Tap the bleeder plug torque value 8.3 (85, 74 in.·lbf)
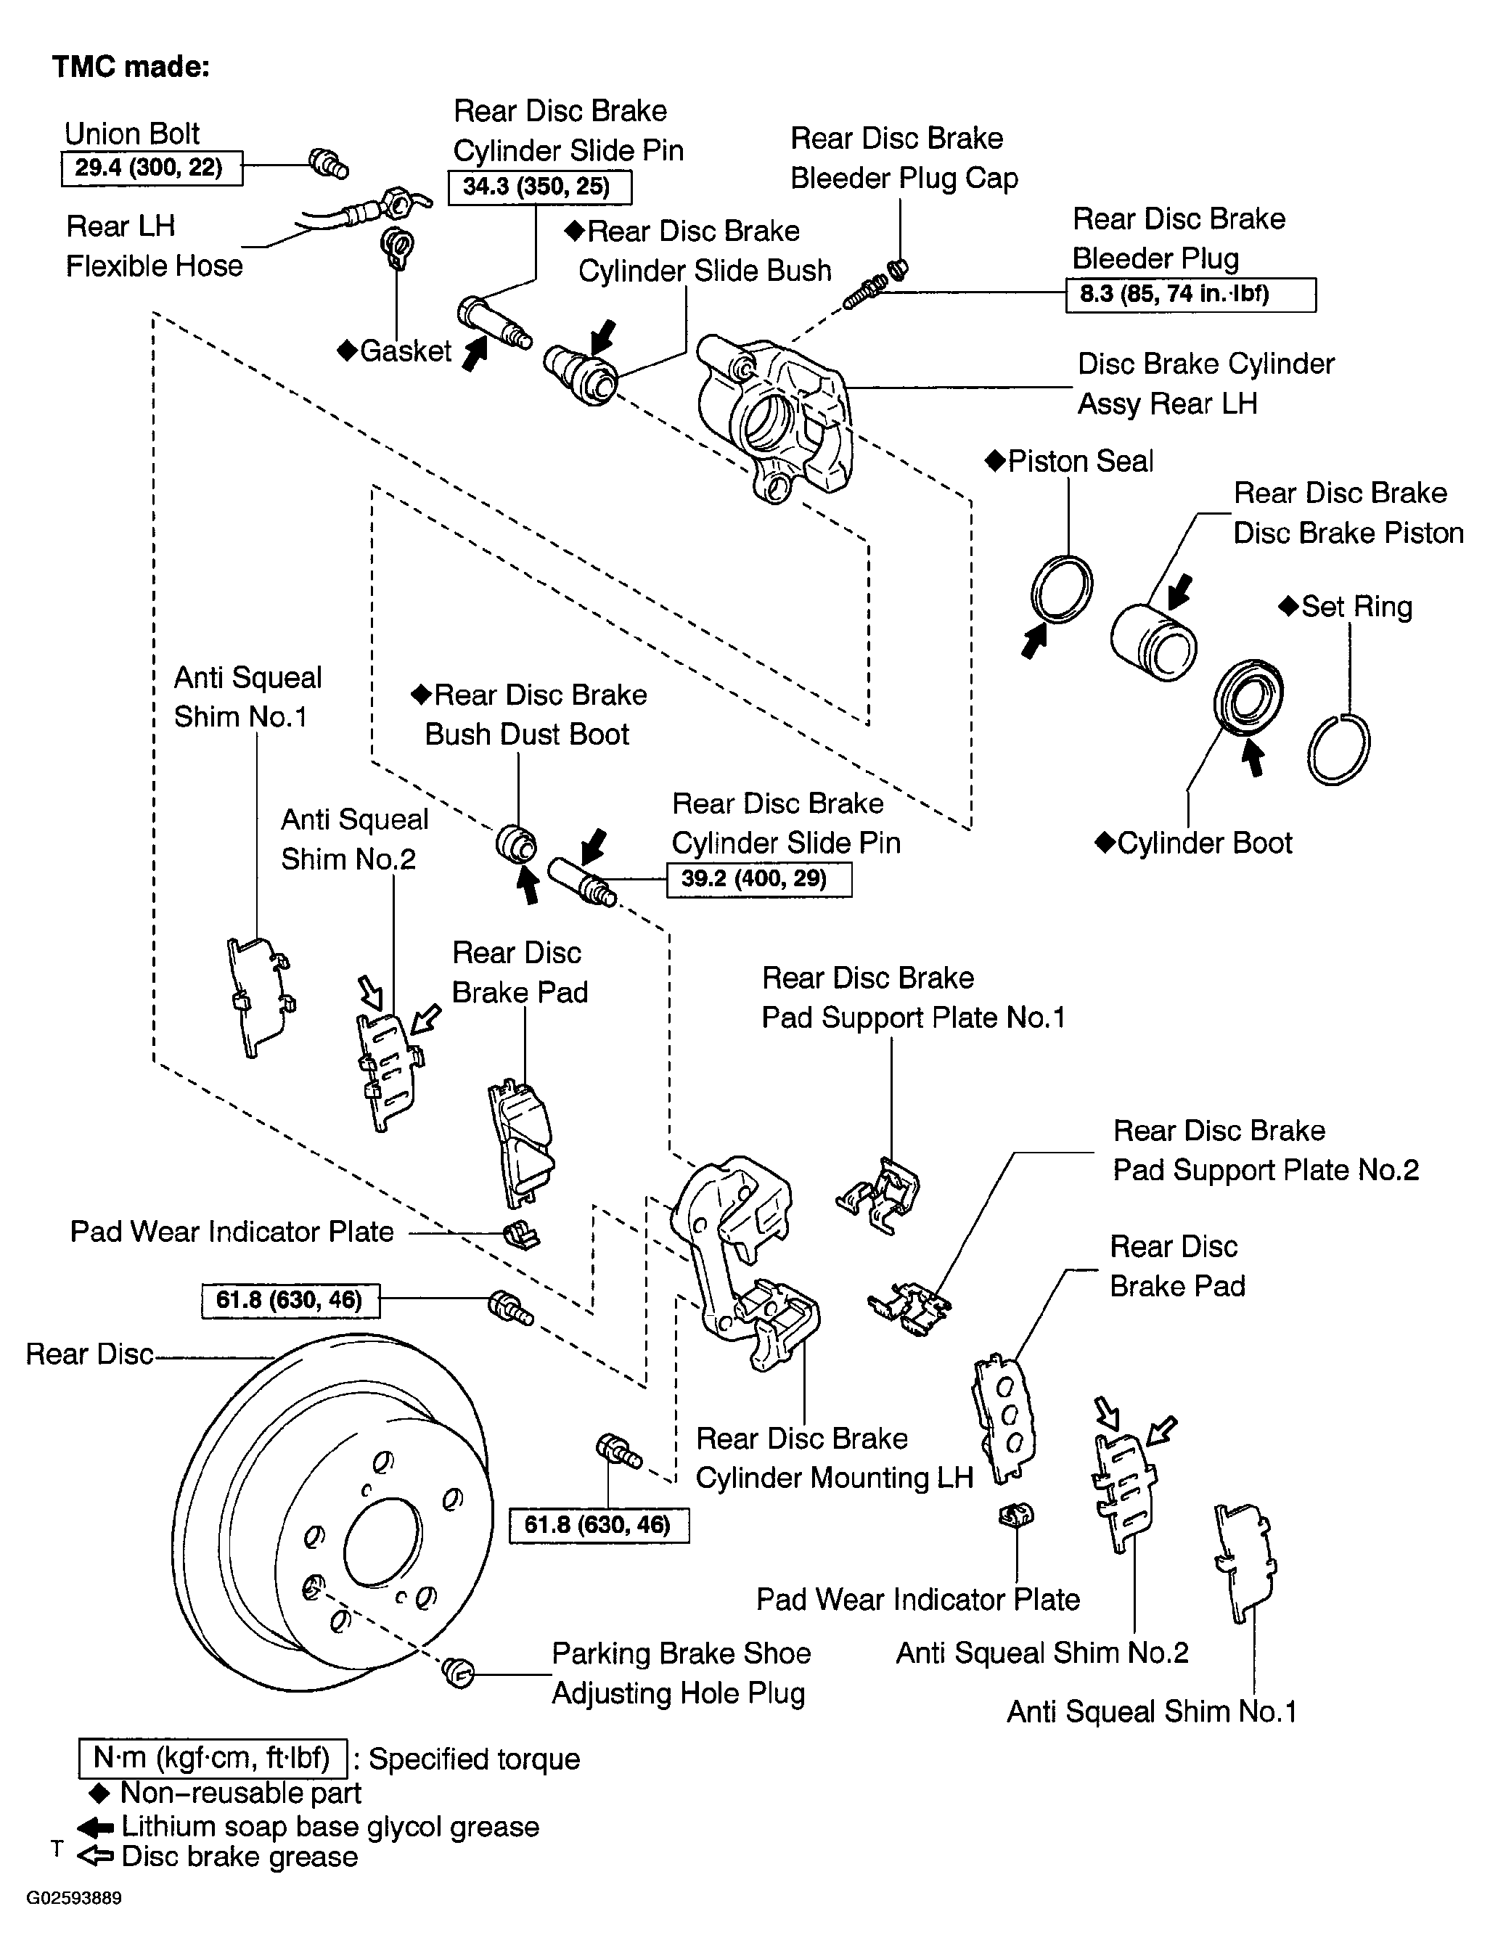coord(1190,295)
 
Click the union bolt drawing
coord(328,163)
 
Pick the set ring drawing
coord(1338,749)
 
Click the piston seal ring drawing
coord(1063,590)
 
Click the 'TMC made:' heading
coord(131,67)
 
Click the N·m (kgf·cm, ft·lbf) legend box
coord(213,1756)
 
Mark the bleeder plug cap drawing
coord(898,269)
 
